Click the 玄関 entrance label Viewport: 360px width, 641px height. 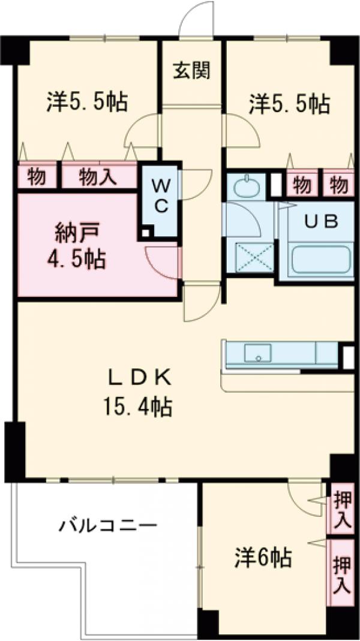click(192, 71)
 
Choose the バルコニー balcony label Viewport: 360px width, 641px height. click(108, 527)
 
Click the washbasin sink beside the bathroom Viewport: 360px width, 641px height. click(246, 188)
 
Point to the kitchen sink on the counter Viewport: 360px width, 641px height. click(258, 353)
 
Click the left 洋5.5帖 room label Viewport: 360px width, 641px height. click(87, 103)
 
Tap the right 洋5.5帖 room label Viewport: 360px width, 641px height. click(289, 104)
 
